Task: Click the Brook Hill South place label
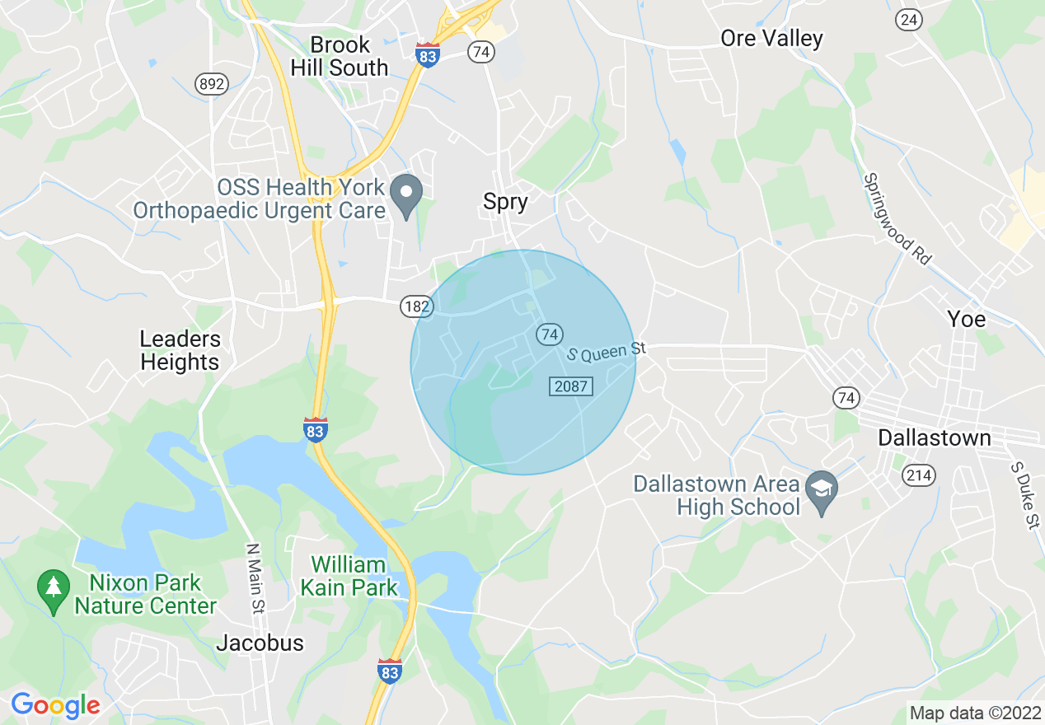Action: click(340, 56)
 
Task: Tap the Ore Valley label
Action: click(771, 39)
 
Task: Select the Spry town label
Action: click(505, 202)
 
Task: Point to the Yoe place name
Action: click(966, 319)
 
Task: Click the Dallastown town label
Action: click(934, 437)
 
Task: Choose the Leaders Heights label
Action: click(180, 350)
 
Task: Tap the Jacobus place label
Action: click(260, 643)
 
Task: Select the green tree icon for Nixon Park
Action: click(54, 587)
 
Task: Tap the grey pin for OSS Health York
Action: click(405, 194)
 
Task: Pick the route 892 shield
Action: click(211, 83)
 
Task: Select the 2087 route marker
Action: click(571, 386)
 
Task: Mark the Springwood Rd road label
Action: click(897, 217)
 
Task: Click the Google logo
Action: click(55, 705)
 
